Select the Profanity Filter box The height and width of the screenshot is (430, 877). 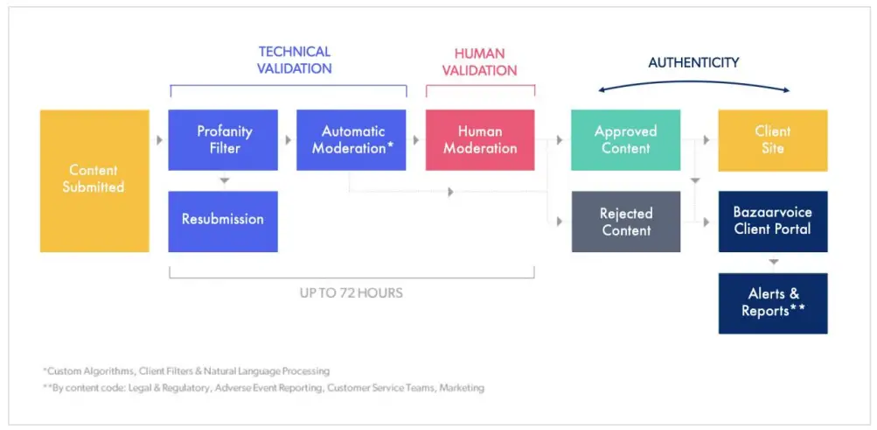pos(223,139)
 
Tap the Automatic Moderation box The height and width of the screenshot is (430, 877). pos(351,139)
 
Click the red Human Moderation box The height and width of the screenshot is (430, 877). pos(480,139)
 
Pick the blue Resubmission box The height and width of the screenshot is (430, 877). pos(223,220)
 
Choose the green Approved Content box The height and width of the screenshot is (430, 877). pos(625,139)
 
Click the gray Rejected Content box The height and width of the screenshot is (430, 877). pos(625,222)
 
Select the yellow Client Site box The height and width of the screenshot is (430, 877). pos(772,139)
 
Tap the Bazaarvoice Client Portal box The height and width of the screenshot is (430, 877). pos(772,221)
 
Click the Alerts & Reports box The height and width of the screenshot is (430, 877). pos(772,302)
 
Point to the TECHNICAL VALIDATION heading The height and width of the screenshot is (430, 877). pos(295,60)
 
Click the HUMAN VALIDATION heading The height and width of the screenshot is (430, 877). pos(479,61)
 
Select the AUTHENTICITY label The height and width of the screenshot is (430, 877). pos(693,62)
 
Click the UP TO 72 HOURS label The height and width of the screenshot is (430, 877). pos(351,293)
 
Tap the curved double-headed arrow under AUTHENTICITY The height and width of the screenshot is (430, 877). pos(693,80)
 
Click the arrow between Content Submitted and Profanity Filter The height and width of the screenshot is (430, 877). pos(158,139)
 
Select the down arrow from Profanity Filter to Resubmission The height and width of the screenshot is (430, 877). pos(224,180)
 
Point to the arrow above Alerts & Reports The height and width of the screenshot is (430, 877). pos(773,262)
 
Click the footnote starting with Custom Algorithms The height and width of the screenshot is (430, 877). pos(186,371)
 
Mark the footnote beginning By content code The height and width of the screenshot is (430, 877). pos(263,387)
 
